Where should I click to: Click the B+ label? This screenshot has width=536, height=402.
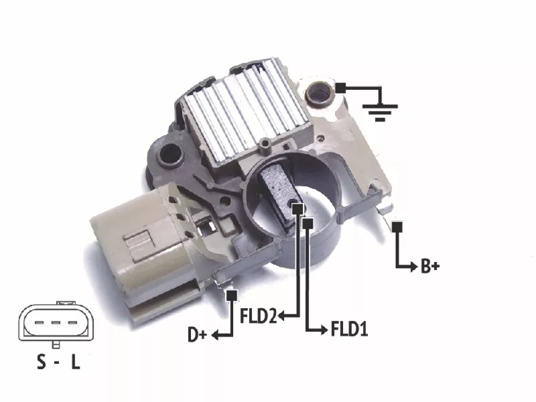[x=429, y=266]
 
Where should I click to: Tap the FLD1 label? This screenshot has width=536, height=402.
[x=349, y=329]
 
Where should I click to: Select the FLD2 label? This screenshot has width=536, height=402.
[x=258, y=316]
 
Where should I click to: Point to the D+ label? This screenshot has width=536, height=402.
[x=198, y=334]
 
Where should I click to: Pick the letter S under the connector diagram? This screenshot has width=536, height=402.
[x=41, y=362]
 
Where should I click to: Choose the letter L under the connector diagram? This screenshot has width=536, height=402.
[x=76, y=362]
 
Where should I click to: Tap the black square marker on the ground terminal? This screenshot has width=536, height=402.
[x=340, y=88]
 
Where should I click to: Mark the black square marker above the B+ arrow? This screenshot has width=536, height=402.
[x=397, y=227]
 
